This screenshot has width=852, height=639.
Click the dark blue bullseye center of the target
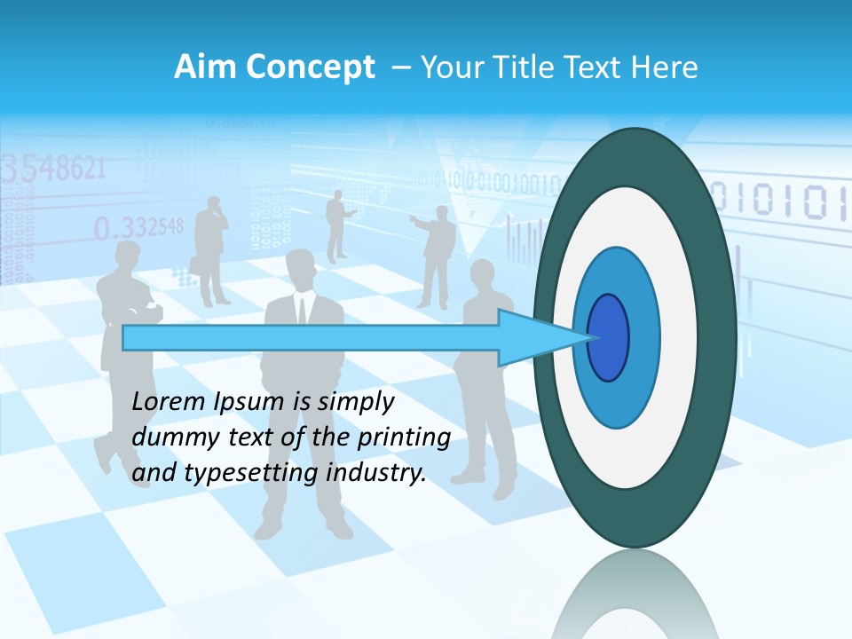click(608, 337)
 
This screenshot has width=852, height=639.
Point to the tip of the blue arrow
click(590, 337)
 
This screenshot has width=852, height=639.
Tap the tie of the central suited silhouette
click(302, 311)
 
